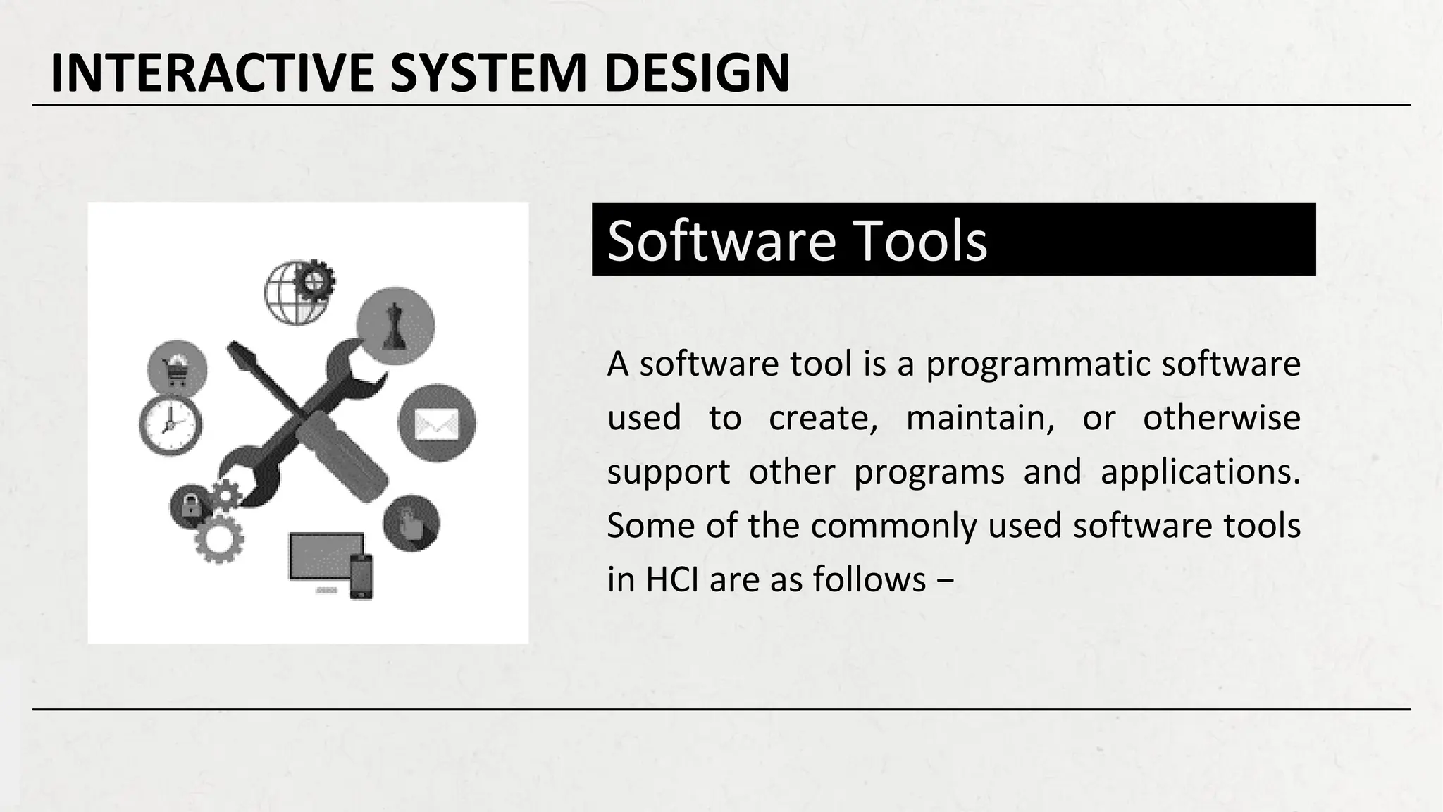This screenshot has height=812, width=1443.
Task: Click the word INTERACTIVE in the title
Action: [212, 73]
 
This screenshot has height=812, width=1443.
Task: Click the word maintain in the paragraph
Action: [979, 418]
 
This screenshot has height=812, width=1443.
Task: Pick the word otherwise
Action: [1221, 418]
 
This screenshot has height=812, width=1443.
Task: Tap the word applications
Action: [1200, 472]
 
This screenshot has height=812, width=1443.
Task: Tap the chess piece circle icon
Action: [395, 326]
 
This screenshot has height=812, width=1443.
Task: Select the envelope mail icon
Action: [437, 424]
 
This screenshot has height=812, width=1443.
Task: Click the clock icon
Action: [171, 425]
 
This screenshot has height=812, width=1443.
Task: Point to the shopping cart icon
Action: [177, 370]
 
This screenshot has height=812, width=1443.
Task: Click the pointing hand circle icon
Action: [411, 523]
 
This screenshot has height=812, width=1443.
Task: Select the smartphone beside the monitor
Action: [361, 577]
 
